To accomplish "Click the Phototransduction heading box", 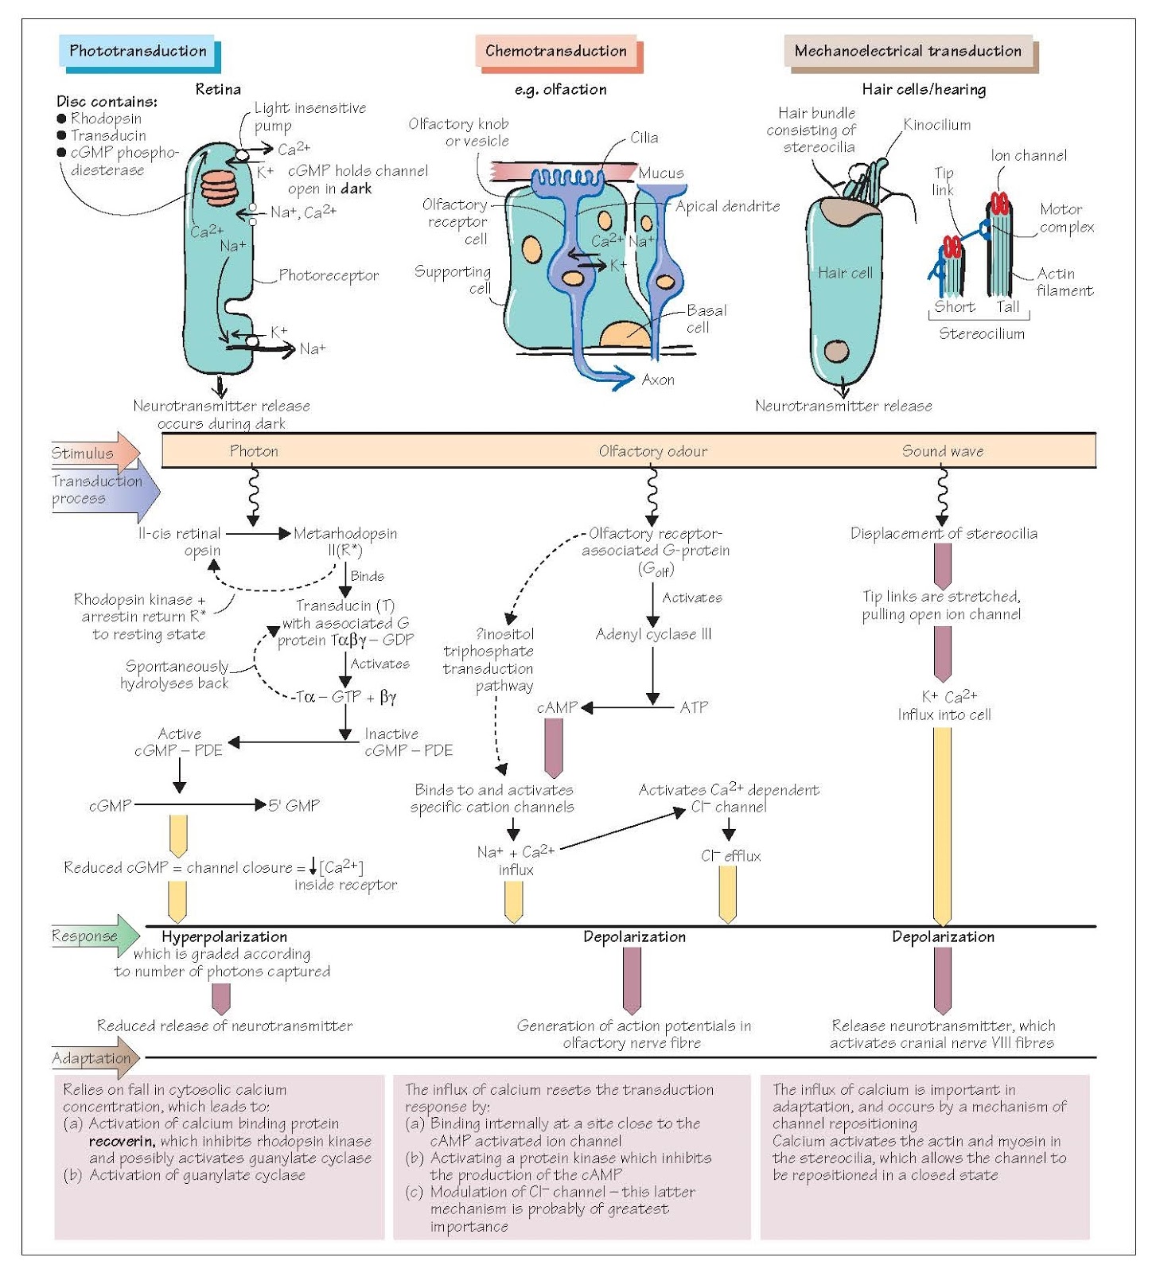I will coord(138,51).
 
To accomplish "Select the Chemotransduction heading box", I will coord(556,51).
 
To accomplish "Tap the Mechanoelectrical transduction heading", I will coord(908,51).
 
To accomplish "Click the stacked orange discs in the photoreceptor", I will coord(218,188).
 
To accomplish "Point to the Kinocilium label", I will coord(936,125).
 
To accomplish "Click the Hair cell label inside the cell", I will coord(845,273).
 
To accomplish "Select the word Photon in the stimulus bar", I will coord(254,451).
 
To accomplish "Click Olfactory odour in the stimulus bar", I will coord(652,451).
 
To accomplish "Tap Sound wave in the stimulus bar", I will coord(942,451).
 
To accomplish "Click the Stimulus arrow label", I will coord(84,454).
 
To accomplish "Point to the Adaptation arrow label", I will coord(91,1057).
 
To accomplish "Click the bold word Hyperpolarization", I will coord(224,936).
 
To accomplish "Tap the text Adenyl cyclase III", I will coord(653,634).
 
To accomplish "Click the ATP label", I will coord(694,707).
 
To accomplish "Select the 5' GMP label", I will coord(294,805).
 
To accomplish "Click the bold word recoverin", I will coord(121,1141).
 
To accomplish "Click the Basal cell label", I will coord(706,318).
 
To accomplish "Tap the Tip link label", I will coord(943,181).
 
